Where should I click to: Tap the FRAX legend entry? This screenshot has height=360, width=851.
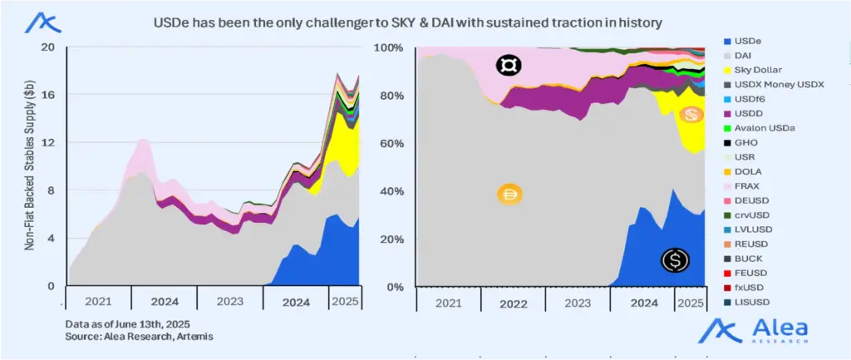tap(745, 185)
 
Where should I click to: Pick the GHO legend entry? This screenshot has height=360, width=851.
tap(744, 142)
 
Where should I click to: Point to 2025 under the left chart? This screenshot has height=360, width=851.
tap(343, 300)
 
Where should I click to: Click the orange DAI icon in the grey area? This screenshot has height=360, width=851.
tap(509, 195)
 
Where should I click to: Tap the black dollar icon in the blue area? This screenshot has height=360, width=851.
tap(674, 260)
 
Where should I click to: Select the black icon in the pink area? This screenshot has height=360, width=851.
tap(508, 66)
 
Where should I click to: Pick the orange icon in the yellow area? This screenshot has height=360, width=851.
tap(690, 116)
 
